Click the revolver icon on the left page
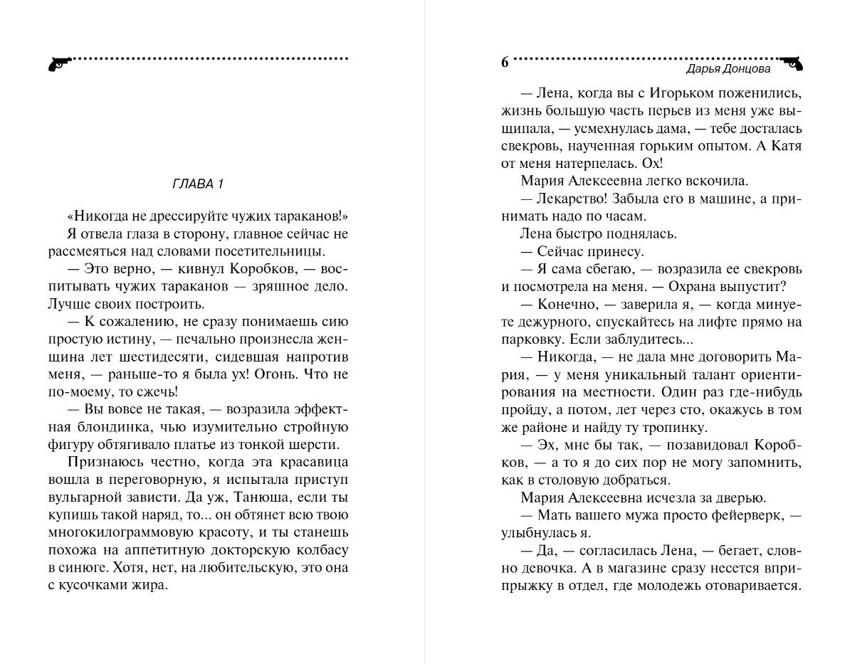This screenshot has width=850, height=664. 57,63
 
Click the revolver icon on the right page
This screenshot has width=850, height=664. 792,63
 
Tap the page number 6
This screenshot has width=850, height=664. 505,63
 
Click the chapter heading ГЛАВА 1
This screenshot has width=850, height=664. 198,184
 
